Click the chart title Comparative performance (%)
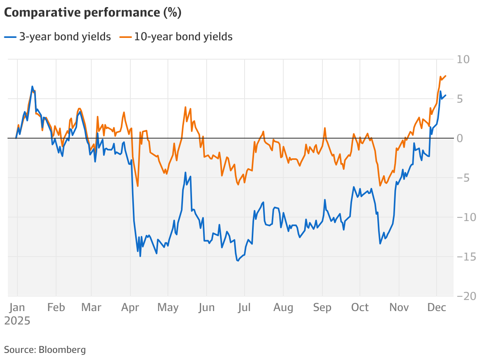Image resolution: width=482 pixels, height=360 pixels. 92,13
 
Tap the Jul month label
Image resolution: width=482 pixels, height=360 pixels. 244,307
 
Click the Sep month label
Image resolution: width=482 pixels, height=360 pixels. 322,307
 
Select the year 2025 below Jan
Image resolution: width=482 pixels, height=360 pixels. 17,321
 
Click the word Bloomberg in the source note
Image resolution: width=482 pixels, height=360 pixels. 62,349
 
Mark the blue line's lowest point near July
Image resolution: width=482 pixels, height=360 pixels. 238,261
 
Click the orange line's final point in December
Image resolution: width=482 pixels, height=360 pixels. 446,76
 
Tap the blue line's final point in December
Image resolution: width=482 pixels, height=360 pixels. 446,95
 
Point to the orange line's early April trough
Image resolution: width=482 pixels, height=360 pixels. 137,186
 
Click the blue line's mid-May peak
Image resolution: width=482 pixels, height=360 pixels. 186,172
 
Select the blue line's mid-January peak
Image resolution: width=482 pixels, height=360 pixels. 32,86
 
